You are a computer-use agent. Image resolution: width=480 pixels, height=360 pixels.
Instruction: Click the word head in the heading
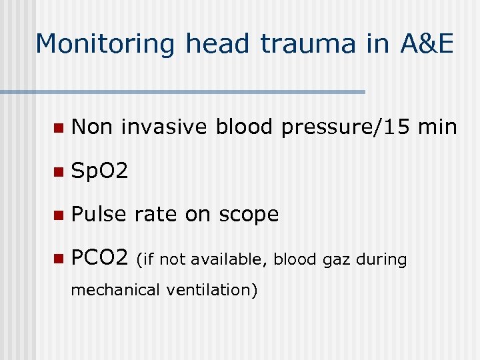pyautogui.click(x=217, y=44)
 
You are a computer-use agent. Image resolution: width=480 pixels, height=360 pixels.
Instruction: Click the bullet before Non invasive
pyautogui.click(x=59, y=127)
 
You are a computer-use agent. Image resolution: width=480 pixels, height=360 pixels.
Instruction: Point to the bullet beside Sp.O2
pyautogui.click(x=59, y=171)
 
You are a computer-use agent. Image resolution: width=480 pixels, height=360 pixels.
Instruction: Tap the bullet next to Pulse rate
pyautogui.click(x=59, y=215)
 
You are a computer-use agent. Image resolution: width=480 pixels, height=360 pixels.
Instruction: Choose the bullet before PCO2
pyautogui.click(x=59, y=259)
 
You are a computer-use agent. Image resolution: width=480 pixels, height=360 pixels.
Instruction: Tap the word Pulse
pyautogui.click(x=99, y=215)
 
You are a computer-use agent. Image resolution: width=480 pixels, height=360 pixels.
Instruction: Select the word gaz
pyautogui.click(x=337, y=259)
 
